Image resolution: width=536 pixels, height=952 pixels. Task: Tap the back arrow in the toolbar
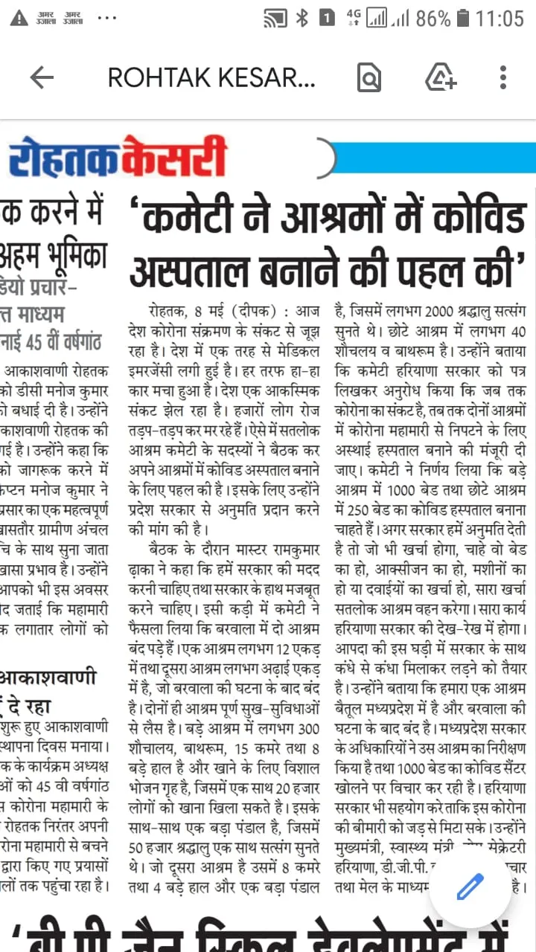click(x=42, y=77)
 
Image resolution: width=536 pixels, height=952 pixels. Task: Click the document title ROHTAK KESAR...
click(x=212, y=77)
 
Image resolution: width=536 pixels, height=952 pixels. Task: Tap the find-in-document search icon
click(x=369, y=77)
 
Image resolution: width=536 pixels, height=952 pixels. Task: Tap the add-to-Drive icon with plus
click(x=440, y=77)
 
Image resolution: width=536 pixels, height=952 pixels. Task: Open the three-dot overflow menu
click(x=503, y=77)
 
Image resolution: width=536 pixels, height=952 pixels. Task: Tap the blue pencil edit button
click(x=470, y=887)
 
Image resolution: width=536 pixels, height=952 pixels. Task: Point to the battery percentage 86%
click(x=433, y=18)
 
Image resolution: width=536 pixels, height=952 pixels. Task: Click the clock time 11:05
click(x=500, y=18)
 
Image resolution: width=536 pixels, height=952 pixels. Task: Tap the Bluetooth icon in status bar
click(x=301, y=18)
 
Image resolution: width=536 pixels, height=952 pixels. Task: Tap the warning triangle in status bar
click(x=19, y=18)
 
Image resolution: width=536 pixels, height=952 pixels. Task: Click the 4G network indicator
click(x=353, y=18)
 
